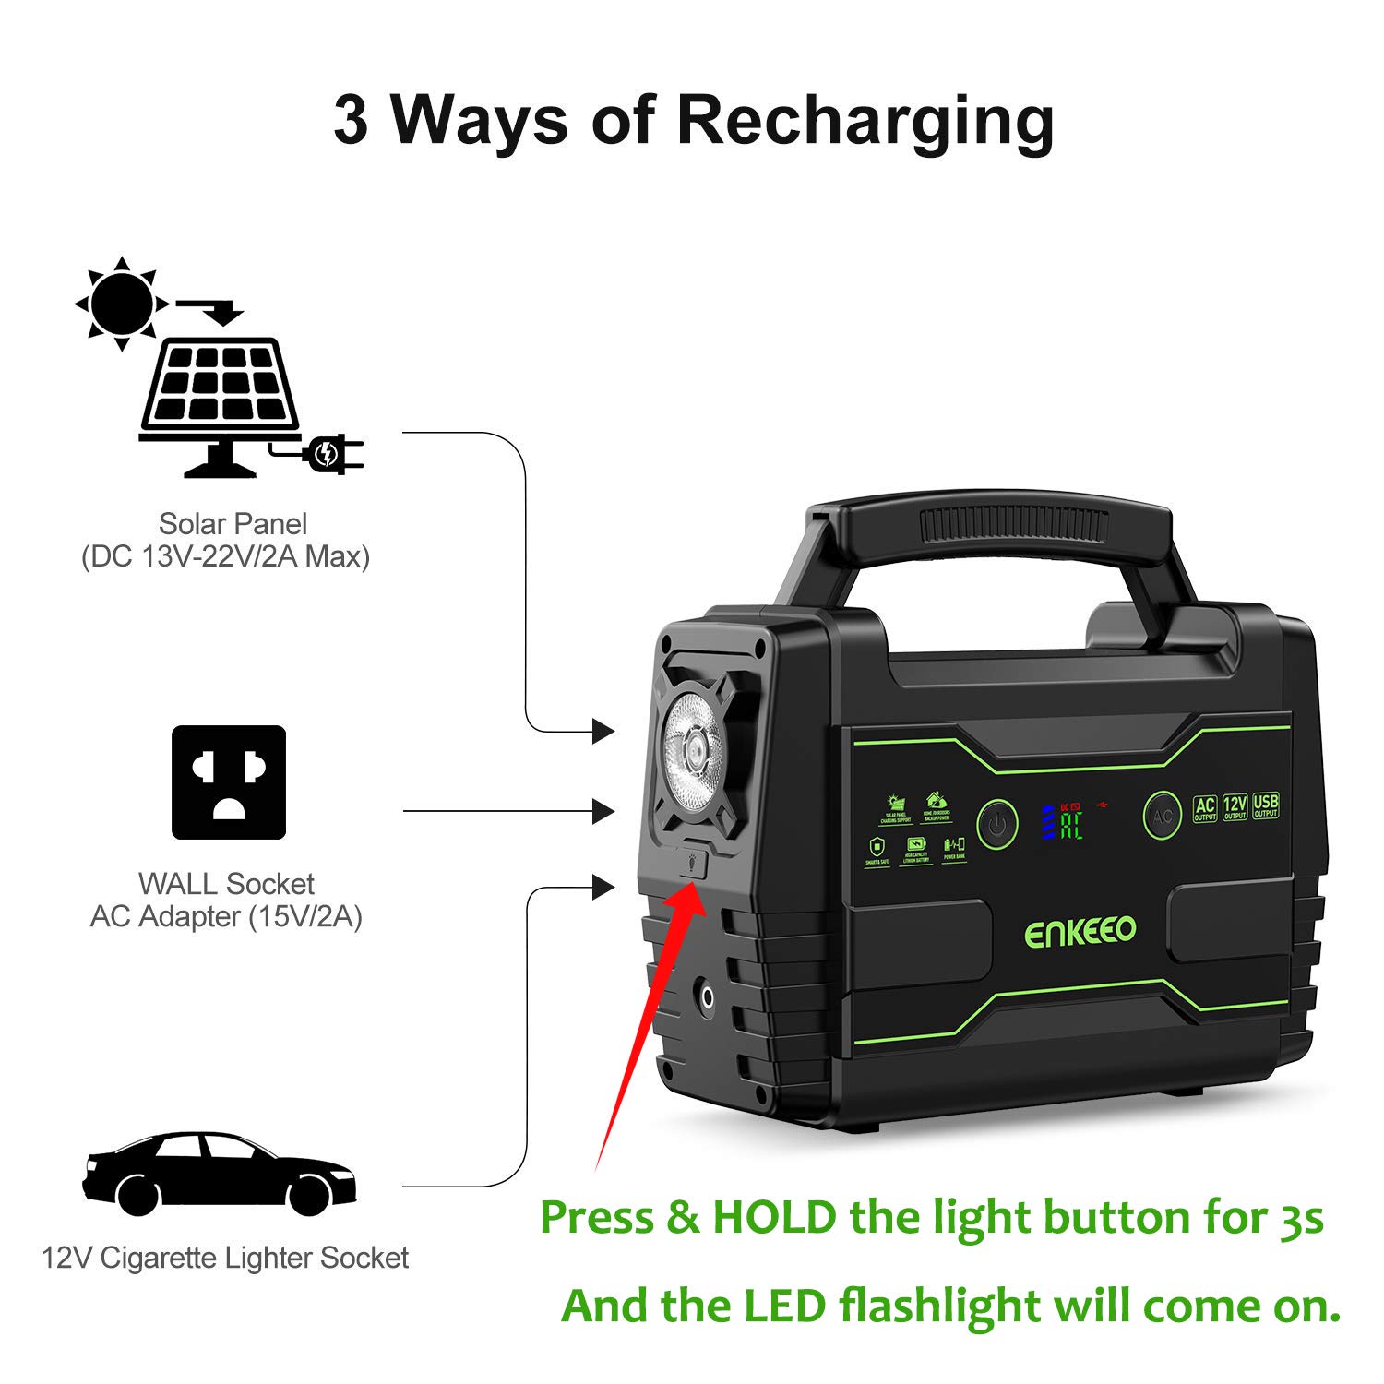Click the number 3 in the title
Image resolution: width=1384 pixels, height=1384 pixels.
tap(351, 120)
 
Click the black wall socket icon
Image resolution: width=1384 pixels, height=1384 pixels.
tap(229, 782)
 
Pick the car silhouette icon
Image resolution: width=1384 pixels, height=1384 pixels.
tap(218, 1172)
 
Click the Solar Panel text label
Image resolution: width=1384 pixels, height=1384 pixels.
tap(233, 524)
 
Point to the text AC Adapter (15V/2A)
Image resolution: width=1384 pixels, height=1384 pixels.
tap(226, 916)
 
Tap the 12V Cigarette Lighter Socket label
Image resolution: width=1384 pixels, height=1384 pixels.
tap(225, 1258)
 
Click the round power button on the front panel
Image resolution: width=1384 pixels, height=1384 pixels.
tap(996, 823)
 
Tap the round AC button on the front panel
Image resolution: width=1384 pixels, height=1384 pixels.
tap(1163, 816)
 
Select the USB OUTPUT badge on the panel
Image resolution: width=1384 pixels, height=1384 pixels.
tap(1266, 805)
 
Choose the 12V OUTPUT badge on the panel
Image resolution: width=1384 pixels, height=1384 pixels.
tap(1235, 807)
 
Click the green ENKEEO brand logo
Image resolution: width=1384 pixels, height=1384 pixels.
tap(1080, 932)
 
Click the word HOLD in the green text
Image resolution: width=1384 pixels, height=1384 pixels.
tap(774, 1218)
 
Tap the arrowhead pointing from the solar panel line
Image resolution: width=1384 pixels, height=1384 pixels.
tap(603, 732)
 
